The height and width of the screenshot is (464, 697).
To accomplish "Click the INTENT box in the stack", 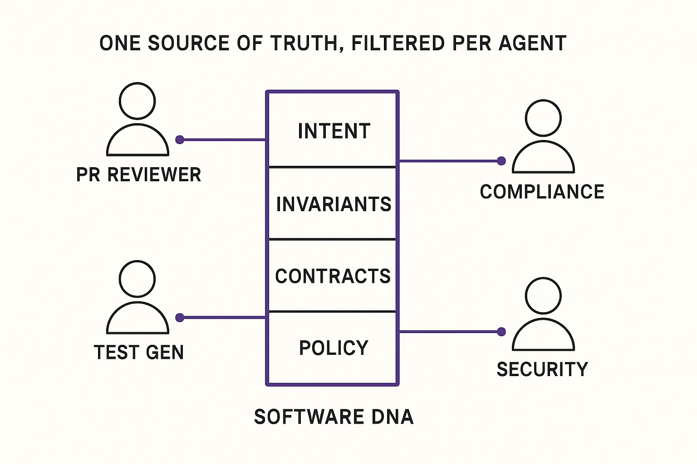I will click(332, 130).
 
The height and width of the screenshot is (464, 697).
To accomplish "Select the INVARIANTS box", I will click(332, 203).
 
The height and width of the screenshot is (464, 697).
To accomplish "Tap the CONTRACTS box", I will click(332, 275).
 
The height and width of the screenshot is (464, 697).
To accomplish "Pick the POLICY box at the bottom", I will click(332, 348).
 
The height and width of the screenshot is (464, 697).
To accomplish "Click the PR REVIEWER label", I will click(138, 175).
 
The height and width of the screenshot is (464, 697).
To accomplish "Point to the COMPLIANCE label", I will click(542, 192).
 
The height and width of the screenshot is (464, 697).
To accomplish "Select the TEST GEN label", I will click(138, 352).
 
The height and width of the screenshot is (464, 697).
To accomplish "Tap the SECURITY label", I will click(542, 369).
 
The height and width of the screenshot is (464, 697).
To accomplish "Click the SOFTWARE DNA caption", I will click(334, 417).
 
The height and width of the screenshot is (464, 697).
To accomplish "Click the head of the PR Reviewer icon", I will click(137, 101).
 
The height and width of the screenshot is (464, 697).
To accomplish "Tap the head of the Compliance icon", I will click(543, 118).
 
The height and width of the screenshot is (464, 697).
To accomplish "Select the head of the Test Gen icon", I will click(137, 279).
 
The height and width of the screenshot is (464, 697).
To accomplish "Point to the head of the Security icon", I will click(543, 295).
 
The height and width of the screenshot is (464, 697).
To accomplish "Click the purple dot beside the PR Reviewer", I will click(180, 140).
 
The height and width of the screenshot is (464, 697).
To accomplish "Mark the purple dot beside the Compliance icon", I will click(501, 161).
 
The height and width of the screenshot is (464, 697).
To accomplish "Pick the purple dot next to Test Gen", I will click(180, 318).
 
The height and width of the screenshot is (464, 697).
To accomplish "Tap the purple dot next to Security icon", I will click(501, 332).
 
